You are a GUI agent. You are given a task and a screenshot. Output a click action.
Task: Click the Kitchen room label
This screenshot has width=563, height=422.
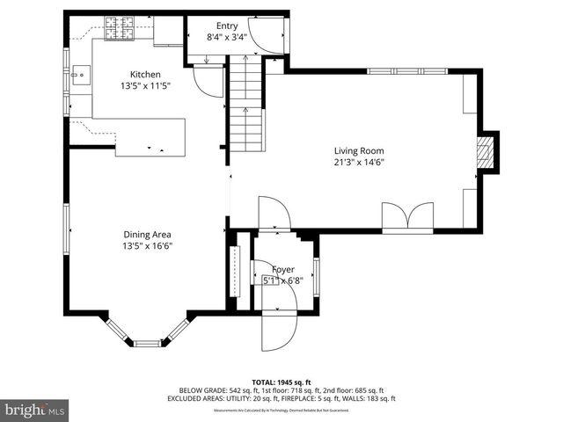pos(145,75)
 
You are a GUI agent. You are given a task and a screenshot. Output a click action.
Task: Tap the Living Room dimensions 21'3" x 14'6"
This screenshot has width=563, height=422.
pos(359,162)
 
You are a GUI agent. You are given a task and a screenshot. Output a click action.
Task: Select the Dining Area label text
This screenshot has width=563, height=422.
pos(147,235)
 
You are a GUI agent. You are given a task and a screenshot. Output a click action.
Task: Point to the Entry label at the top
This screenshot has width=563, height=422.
pos(215,25)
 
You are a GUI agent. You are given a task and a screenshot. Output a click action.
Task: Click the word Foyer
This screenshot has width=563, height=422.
pos(282,269)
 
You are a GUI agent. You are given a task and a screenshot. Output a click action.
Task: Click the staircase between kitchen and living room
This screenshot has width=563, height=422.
pos(246,105)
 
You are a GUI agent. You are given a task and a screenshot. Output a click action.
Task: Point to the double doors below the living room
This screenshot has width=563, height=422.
pos(408,215)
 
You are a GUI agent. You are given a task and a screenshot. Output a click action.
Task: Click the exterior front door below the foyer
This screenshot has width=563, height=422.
pos(278,331)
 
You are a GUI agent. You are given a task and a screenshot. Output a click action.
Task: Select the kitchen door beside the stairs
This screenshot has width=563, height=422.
pos(208,82)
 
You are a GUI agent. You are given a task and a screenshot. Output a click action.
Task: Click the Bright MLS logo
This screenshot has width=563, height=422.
pos(35,410)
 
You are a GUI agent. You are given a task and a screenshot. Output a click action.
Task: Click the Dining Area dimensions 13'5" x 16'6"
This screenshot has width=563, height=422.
pos(147,246)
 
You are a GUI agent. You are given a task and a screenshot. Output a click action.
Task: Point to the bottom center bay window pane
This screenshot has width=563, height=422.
pos(147,343)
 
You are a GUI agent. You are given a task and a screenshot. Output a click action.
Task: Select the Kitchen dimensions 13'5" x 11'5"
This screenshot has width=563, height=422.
pos(145,86)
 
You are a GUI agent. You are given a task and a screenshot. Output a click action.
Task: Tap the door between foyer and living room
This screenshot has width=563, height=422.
pos(273,215)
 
